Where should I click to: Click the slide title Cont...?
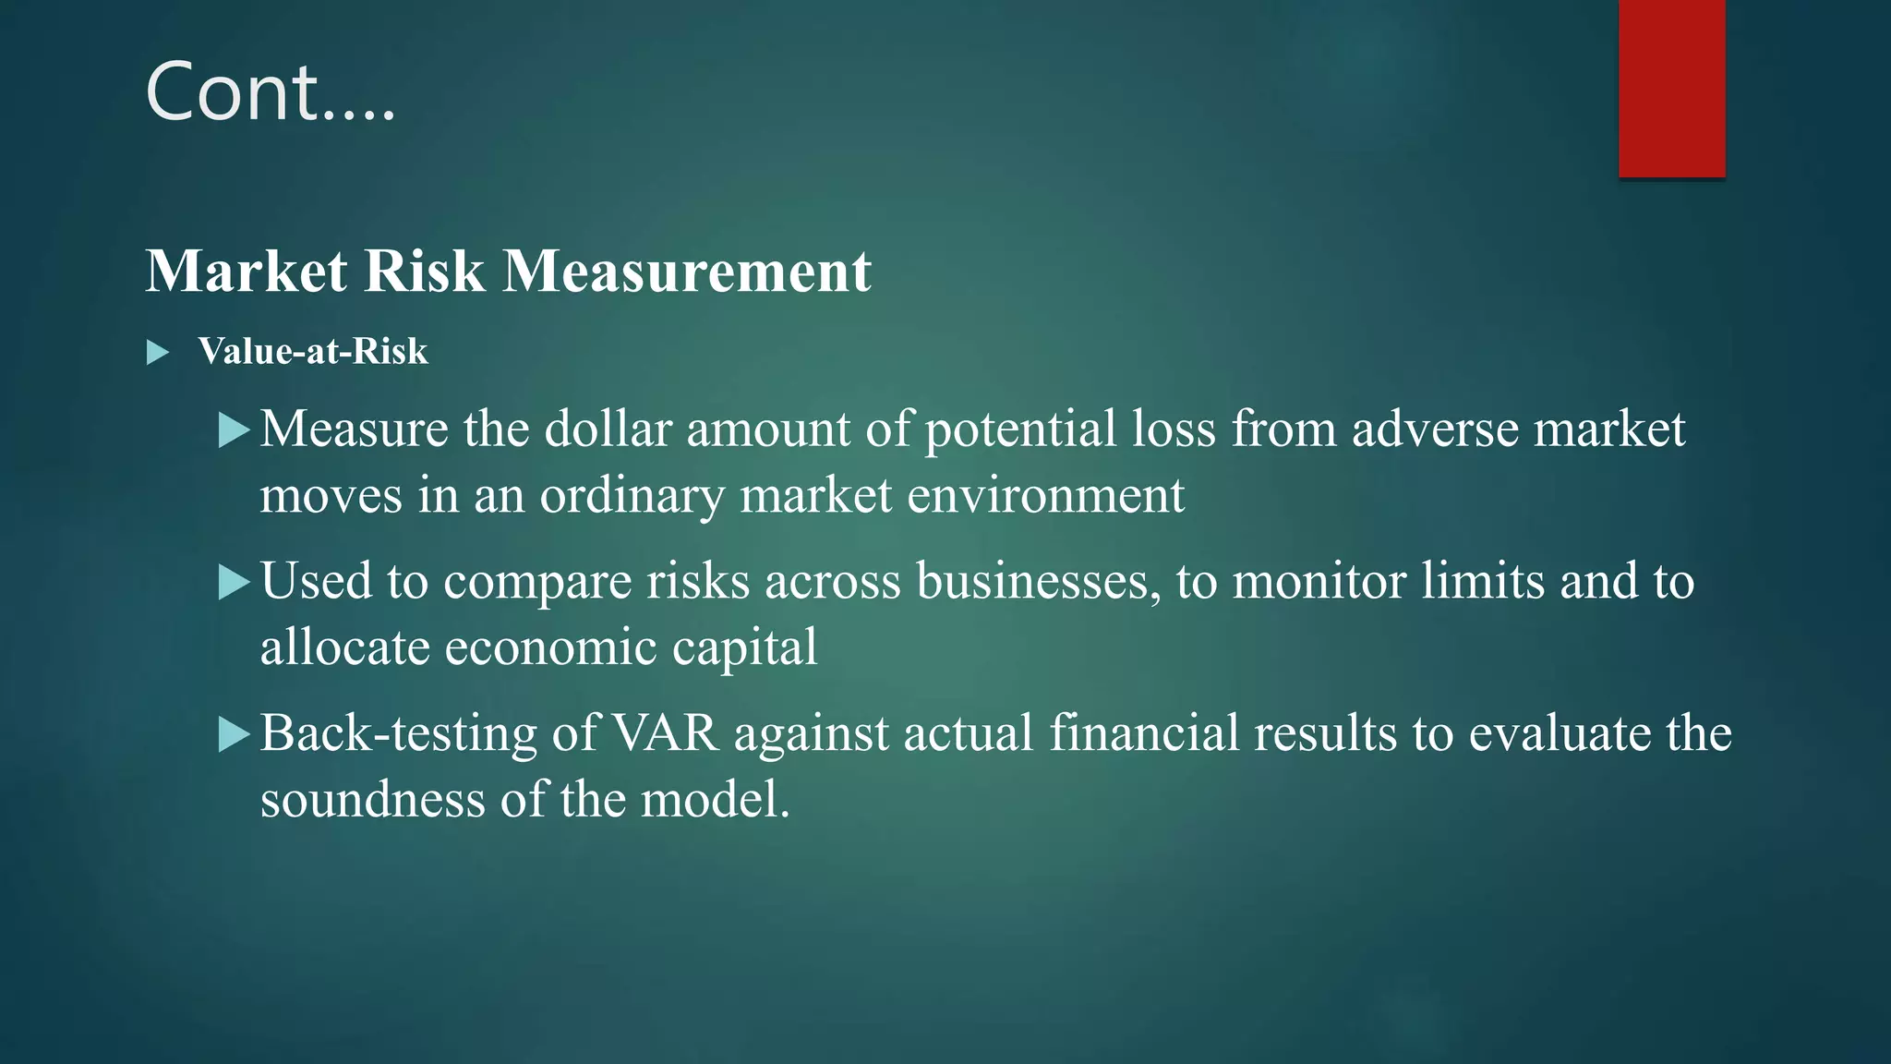[270, 91]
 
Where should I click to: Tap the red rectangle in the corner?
[1671, 88]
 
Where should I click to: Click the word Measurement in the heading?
[687, 272]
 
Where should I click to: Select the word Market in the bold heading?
[247, 272]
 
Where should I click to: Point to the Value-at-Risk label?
[313, 352]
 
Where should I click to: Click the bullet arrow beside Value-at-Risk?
[158, 353]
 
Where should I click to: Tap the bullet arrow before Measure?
[235, 430]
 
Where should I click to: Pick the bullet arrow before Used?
[235, 583]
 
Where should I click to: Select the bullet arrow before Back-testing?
[235, 735]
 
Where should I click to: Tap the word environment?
[1045, 496]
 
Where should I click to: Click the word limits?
[1483, 582]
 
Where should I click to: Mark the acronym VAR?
[665, 734]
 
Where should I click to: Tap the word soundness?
[372, 800]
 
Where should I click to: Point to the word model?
[715, 800]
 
